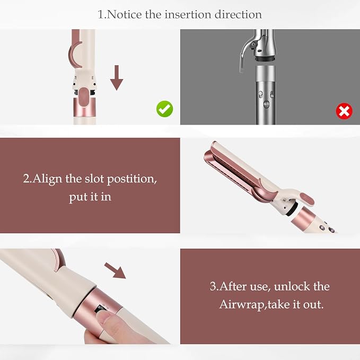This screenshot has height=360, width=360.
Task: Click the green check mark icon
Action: (x=164, y=109)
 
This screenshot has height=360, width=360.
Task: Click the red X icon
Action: (x=344, y=111)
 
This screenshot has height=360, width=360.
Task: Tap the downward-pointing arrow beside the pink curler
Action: (x=117, y=77)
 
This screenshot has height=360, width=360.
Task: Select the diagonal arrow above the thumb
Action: (x=115, y=271)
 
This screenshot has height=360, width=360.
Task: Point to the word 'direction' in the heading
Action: (x=238, y=15)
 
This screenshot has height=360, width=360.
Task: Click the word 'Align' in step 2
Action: (x=47, y=179)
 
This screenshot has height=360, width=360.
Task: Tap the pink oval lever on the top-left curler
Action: (x=84, y=98)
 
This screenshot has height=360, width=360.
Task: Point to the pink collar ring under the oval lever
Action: (x=84, y=108)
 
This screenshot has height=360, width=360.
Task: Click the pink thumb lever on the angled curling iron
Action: (x=307, y=198)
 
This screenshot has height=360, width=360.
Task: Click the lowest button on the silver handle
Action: (x=266, y=104)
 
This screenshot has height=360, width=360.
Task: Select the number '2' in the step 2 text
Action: (x=26, y=179)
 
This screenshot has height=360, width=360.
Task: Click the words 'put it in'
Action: (x=90, y=197)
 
